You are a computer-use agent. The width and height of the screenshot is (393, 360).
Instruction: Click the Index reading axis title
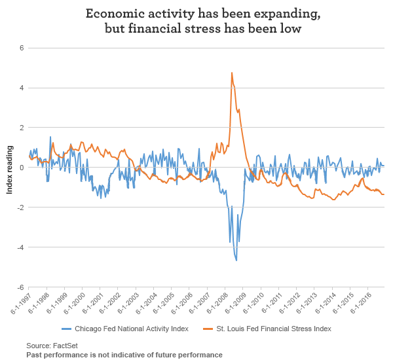click(9, 168)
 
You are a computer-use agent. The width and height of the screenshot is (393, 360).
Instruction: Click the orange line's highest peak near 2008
click(232, 73)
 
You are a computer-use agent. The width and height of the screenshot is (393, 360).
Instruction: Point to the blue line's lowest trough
click(236, 261)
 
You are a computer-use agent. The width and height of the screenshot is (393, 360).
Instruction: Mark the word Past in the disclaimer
click(34, 354)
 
